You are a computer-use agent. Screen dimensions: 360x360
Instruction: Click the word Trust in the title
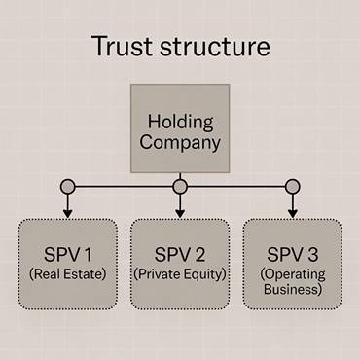[121, 47]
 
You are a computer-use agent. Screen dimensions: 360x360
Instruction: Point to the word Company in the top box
[180, 143]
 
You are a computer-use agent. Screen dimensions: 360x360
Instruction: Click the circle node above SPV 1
[67, 185]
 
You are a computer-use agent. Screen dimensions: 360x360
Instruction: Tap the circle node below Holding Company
[180, 185]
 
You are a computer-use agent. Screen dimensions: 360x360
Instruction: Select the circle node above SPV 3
[292, 185]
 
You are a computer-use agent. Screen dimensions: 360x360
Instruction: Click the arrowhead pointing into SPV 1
[67, 212]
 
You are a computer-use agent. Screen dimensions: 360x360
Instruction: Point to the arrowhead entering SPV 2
[180, 212]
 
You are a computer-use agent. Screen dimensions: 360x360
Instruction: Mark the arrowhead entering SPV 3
[292, 212]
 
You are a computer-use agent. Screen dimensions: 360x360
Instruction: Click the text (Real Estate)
[67, 273]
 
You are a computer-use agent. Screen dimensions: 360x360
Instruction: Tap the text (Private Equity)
[180, 273]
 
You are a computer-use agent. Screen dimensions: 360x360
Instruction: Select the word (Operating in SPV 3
[292, 273]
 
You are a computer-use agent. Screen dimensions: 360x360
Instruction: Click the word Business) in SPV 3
[292, 289]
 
